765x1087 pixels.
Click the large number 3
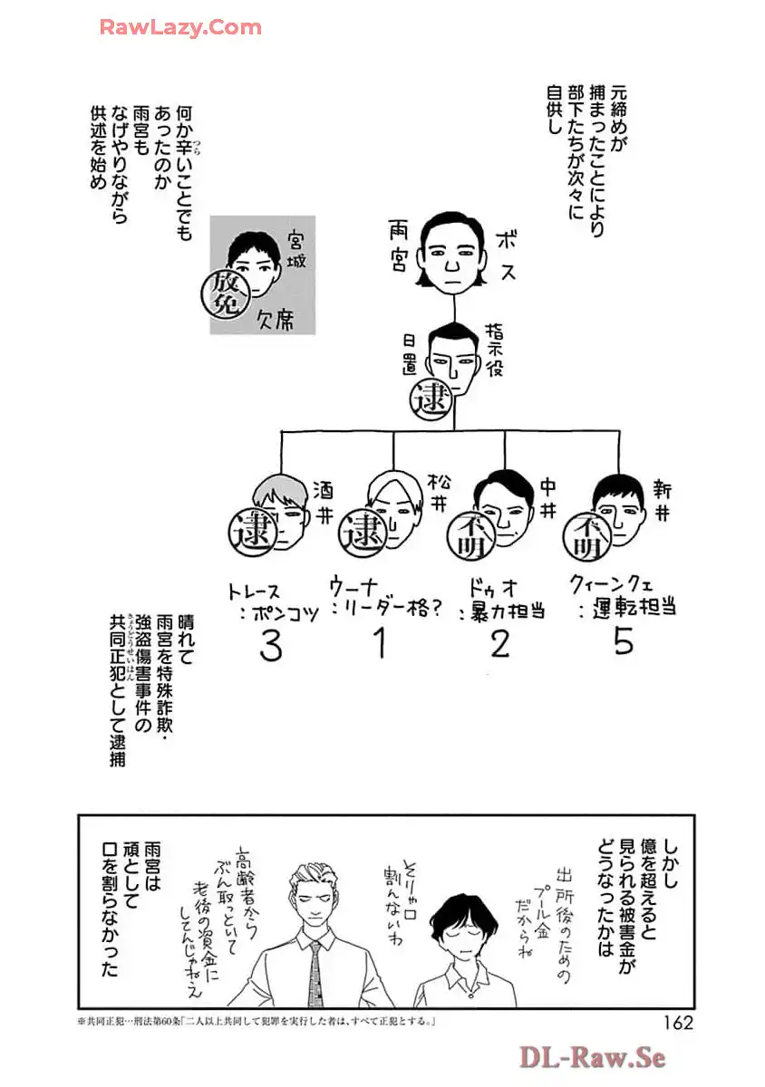270,645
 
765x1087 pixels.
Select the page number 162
672,1023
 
